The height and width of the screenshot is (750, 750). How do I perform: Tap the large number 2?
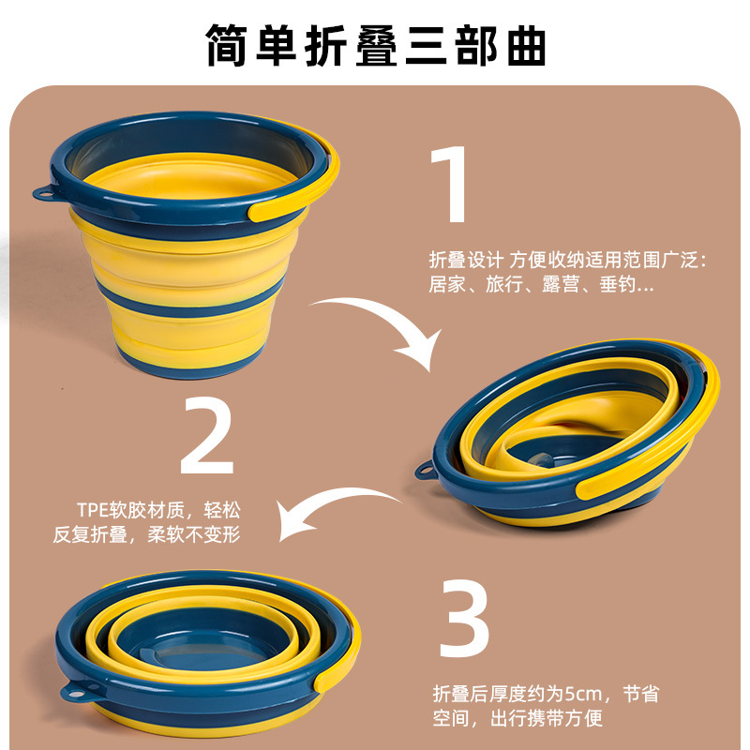(x=207, y=435)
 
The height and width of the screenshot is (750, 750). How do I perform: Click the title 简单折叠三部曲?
(x=376, y=44)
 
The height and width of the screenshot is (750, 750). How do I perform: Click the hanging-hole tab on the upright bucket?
(x=44, y=193)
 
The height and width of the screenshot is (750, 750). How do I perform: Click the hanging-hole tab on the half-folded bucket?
(x=426, y=471)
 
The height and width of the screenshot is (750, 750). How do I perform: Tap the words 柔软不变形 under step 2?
(x=194, y=534)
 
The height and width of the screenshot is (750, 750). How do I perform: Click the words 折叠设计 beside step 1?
(x=466, y=260)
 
